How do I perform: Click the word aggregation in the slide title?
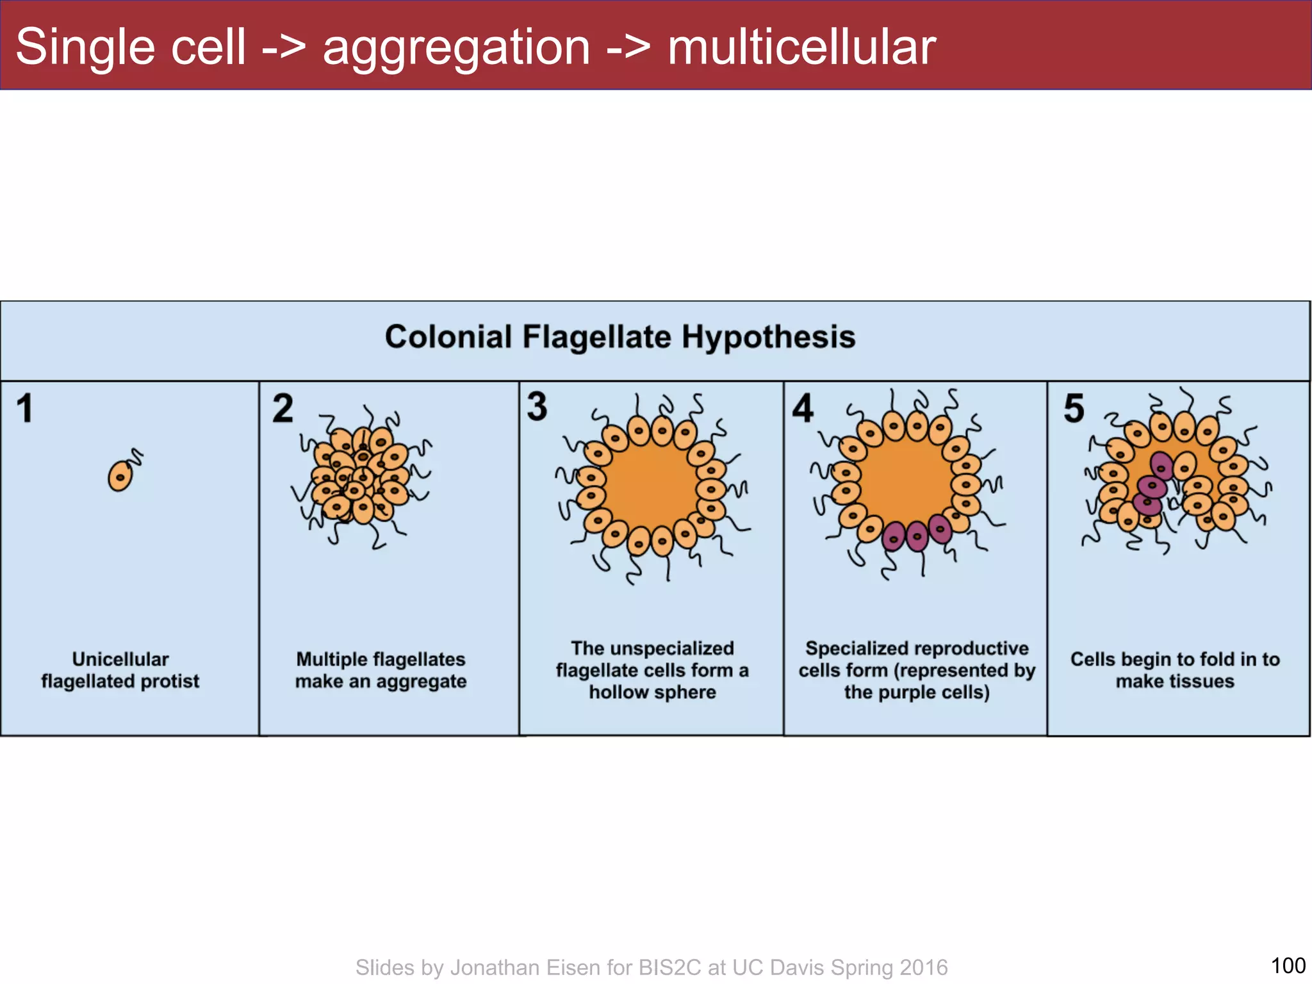[456, 48]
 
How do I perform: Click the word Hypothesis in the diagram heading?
[768, 337]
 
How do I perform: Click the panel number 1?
[25, 408]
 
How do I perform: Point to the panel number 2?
[283, 408]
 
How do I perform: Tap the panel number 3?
[537, 406]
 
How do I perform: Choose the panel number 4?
[802, 408]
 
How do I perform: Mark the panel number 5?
[1074, 408]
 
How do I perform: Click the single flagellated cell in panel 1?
[120, 476]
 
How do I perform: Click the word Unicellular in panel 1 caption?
[120, 659]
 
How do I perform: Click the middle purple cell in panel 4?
[917, 537]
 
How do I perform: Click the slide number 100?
[1288, 965]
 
